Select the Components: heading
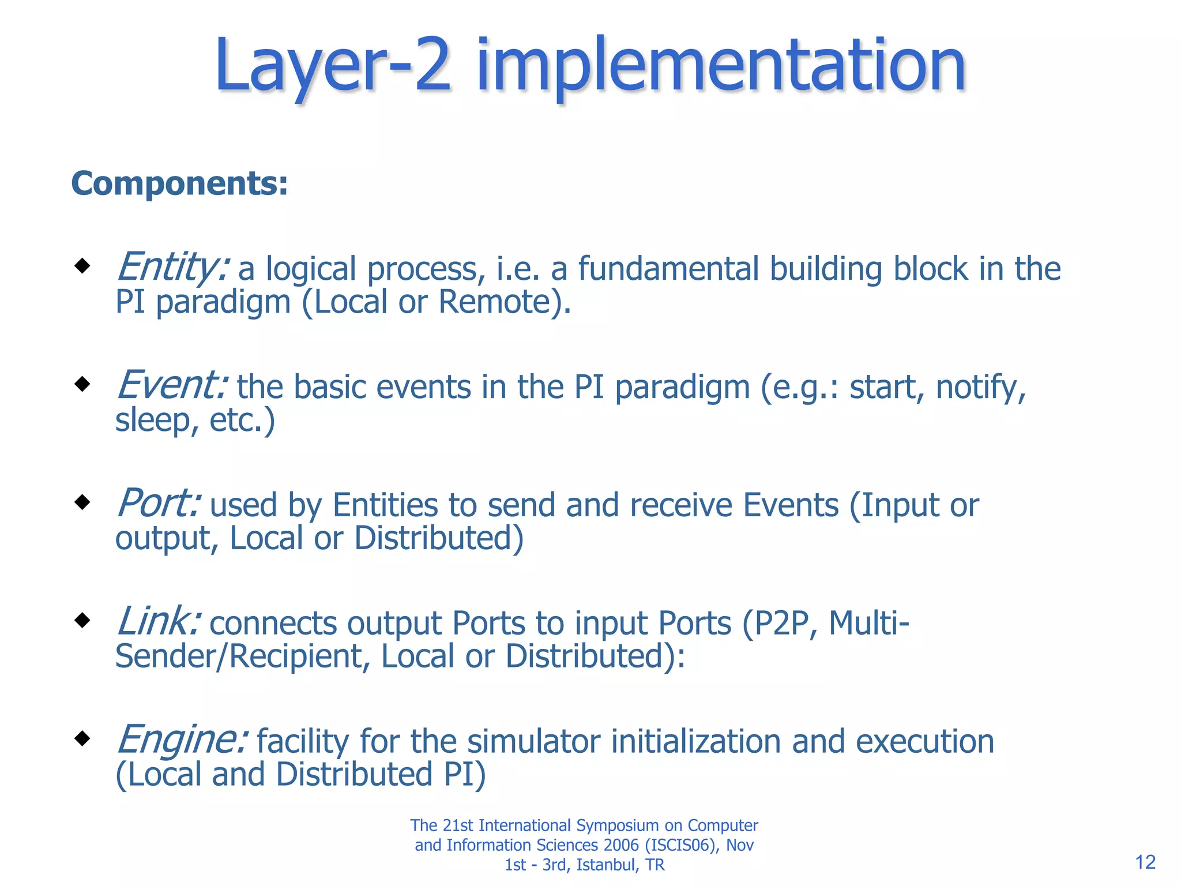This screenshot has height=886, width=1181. tap(179, 183)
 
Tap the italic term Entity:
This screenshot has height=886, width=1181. tap(172, 268)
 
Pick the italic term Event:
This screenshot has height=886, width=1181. tap(172, 385)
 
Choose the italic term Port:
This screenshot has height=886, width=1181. tap(159, 504)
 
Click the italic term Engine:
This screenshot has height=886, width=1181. tap(182, 739)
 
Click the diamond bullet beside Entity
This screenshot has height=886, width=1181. tap(83, 266)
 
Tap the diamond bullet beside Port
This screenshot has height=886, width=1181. tap(83, 502)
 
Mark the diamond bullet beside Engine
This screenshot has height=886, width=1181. tap(83, 738)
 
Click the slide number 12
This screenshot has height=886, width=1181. tap(1145, 862)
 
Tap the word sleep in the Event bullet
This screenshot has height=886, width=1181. tap(152, 420)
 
